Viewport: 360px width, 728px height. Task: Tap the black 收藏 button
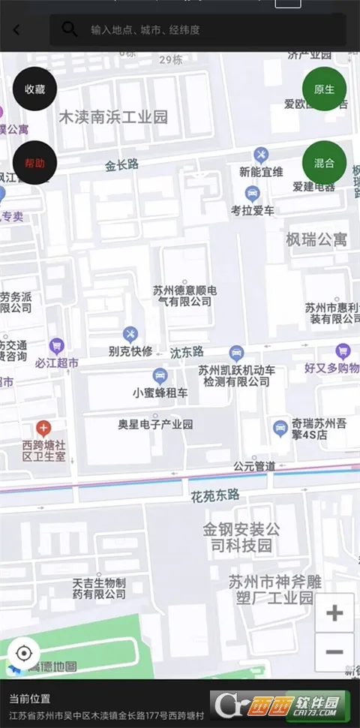[34, 89]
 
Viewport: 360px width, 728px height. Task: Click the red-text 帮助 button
[34, 163]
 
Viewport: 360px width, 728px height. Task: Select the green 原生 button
[324, 89]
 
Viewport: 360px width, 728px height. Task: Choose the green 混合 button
[324, 162]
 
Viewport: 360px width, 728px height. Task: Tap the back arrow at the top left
[16, 30]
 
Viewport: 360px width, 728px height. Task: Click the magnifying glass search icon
[70, 29]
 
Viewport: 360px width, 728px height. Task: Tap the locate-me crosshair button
[23, 653]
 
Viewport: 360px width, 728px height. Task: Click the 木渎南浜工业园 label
[113, 117]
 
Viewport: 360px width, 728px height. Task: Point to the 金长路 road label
[121, 165]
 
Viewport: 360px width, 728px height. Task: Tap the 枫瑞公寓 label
[316, 239]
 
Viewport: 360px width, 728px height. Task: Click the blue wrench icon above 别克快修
[130, 334]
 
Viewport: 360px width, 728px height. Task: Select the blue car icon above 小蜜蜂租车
[160, 375]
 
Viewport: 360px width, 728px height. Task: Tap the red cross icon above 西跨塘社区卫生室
[43, 429]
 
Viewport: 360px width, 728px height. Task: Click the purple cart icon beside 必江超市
[56, 346]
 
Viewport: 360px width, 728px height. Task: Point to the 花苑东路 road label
[214, 495]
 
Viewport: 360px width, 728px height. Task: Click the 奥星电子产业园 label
[155, 424]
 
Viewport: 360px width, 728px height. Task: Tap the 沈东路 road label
[187, 351]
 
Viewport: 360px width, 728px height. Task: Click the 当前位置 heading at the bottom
[30, 698]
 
